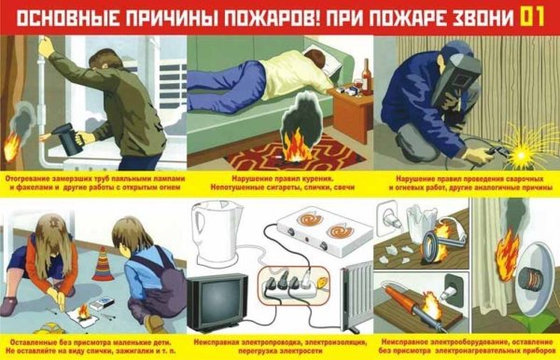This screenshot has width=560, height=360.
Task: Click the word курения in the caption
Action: (303, 176)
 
